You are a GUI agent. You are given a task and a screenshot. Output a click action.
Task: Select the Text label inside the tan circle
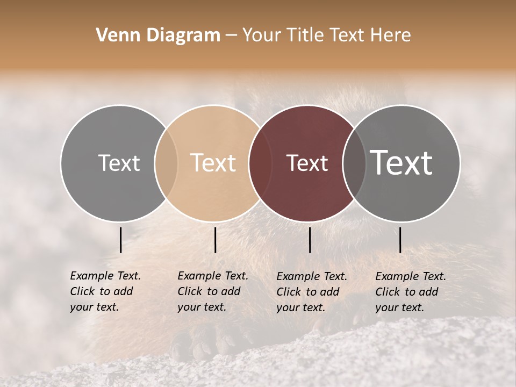[x=213, y=163]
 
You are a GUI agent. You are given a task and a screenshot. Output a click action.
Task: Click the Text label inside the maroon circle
[x=307, y=163]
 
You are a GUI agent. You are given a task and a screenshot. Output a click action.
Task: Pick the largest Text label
[x=402, y=163]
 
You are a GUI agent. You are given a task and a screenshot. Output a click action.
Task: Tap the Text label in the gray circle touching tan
[x=119, y=163]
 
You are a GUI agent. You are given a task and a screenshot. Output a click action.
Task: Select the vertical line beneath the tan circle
[x=215, y=240]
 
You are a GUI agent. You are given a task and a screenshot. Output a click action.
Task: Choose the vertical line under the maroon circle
[x=310, y=240]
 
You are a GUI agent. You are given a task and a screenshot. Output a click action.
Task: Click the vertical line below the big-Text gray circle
[x=400, y=240]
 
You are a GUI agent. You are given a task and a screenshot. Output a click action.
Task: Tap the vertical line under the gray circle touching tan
[x=120, y=240]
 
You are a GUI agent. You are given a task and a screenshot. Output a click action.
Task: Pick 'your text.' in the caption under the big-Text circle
[x=399, y=307]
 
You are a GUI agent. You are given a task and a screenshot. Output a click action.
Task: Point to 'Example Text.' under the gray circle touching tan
[x=105, y=276]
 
